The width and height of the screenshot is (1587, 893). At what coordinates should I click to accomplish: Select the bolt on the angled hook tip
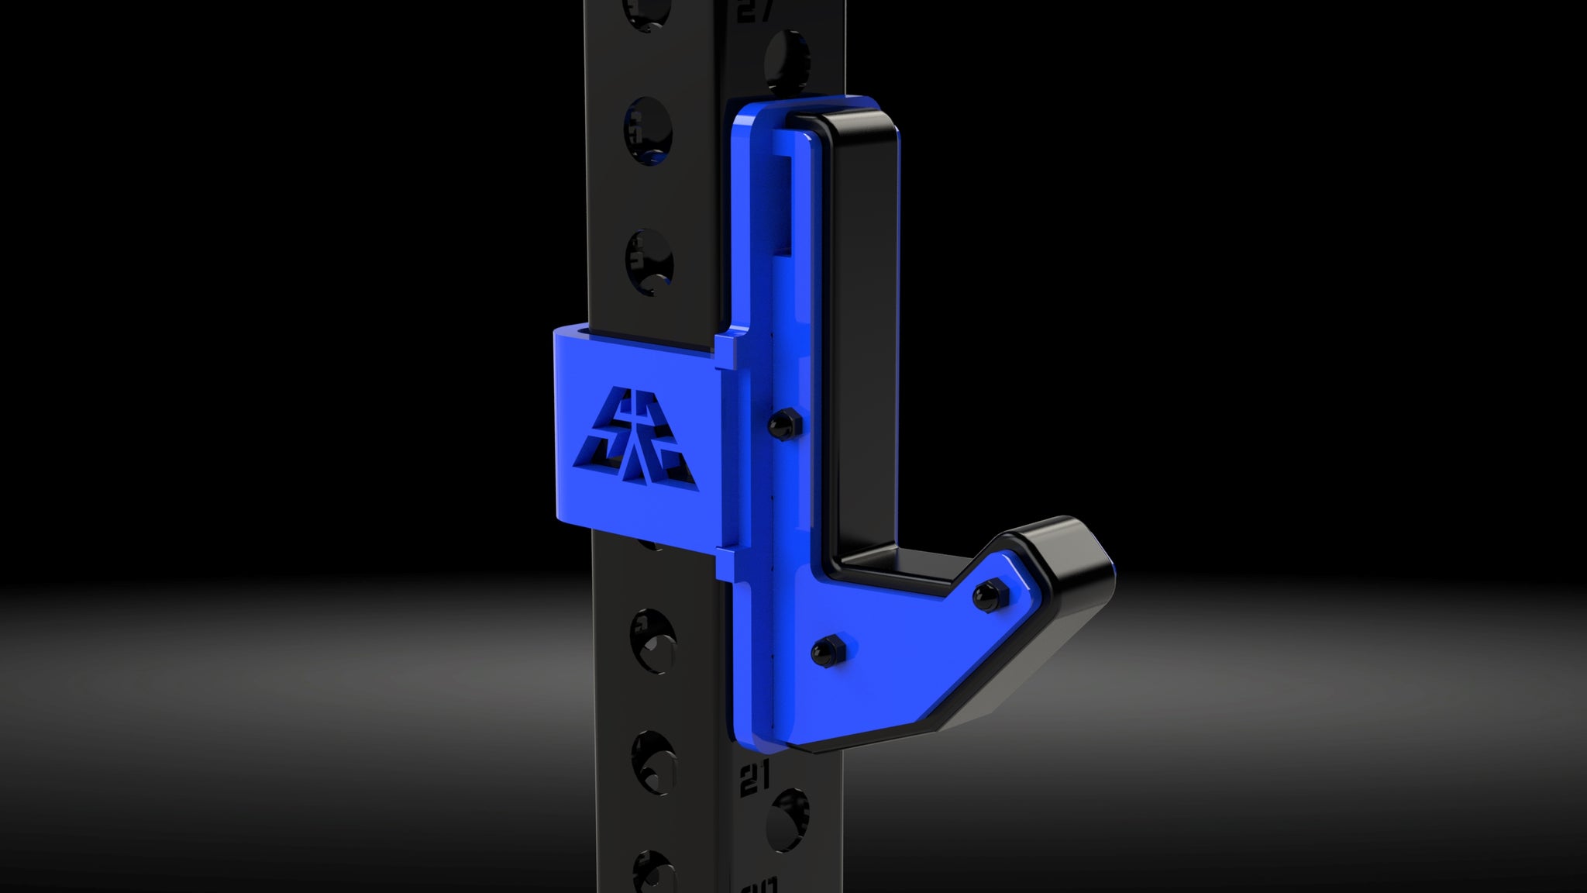click(x=987, y=595)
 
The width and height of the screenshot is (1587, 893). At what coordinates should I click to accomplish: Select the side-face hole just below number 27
click(x=787, y=62)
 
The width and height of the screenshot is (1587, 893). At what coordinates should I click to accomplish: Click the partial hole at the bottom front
click(x=650, y=876)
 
